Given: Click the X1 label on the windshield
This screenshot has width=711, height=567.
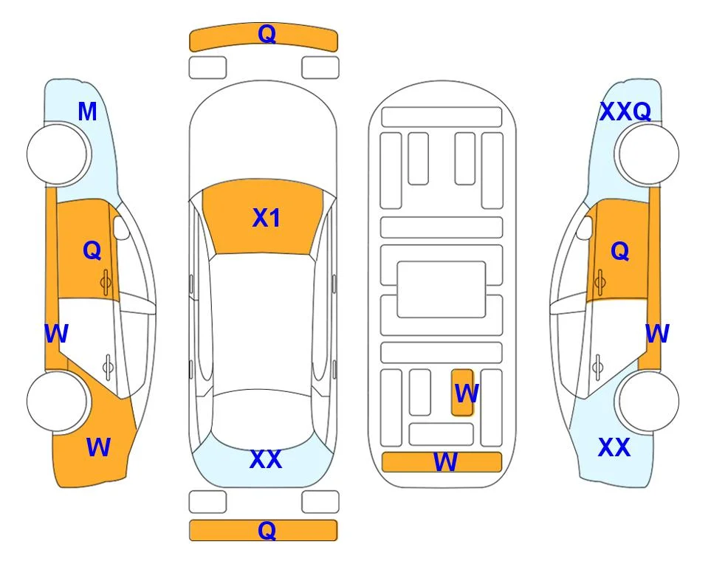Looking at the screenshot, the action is pyautogui.click(x=267, y=218).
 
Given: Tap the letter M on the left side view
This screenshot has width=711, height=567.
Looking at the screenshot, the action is pyautogui.click(x=88, y=111).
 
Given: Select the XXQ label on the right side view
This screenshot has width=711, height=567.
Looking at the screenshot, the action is pyautogui.click(x=625, y=111).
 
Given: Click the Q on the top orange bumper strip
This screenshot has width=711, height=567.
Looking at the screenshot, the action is pyautogui.click(x=267, y=33).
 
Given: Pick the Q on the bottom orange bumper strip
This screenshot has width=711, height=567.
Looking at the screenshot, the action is pyautogui.click(x=267, y=530).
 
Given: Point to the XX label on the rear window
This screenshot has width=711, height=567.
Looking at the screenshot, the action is pyautogui.click(x=266, y=459).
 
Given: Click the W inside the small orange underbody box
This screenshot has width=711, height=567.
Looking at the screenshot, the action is pyautogui.click(x=467, y=394).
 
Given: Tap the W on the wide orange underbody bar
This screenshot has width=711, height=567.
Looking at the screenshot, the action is pyautogui.click(x=445, y=462).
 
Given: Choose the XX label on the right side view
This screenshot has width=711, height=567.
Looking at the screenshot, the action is pyautogui.click(x=614, y=447).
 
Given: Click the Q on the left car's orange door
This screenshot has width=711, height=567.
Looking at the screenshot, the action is pyautogui.click(x=92, y=250).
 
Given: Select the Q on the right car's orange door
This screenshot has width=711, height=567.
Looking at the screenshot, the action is pyautogui.click(x=620, y=251).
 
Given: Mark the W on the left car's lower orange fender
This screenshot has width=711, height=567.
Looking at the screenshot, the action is pyautogui.click(x=98, y=447).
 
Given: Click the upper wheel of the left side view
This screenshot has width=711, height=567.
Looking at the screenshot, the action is pyautogui.click(x=58, y=154).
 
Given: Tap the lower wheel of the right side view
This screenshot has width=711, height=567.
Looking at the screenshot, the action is pyautogui.click(x=648, y=401).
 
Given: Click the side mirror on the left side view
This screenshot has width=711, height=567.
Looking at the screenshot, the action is pyautogui.click(x=121, y=227).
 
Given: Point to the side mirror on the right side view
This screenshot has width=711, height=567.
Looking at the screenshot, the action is pyautogui.click(x=585, y=227).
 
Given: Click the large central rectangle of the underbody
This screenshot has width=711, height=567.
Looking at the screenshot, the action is pyautogui.click(x=442, y=289).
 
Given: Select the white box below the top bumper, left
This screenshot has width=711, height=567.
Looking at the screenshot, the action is pyautogui.click(x=207, y=68).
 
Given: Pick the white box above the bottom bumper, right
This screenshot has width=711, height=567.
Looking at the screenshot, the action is pyautogui.click(x=320, y=502).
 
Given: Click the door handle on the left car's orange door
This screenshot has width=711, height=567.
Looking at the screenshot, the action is pyautogui.click(x=106, y=283).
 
